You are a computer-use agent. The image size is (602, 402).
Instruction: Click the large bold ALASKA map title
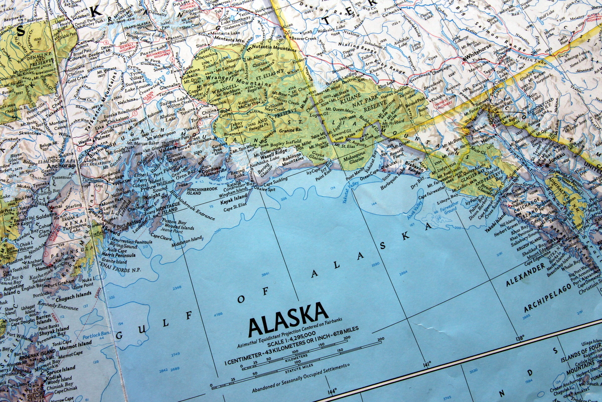288,319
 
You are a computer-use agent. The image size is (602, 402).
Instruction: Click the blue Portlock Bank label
96,334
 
